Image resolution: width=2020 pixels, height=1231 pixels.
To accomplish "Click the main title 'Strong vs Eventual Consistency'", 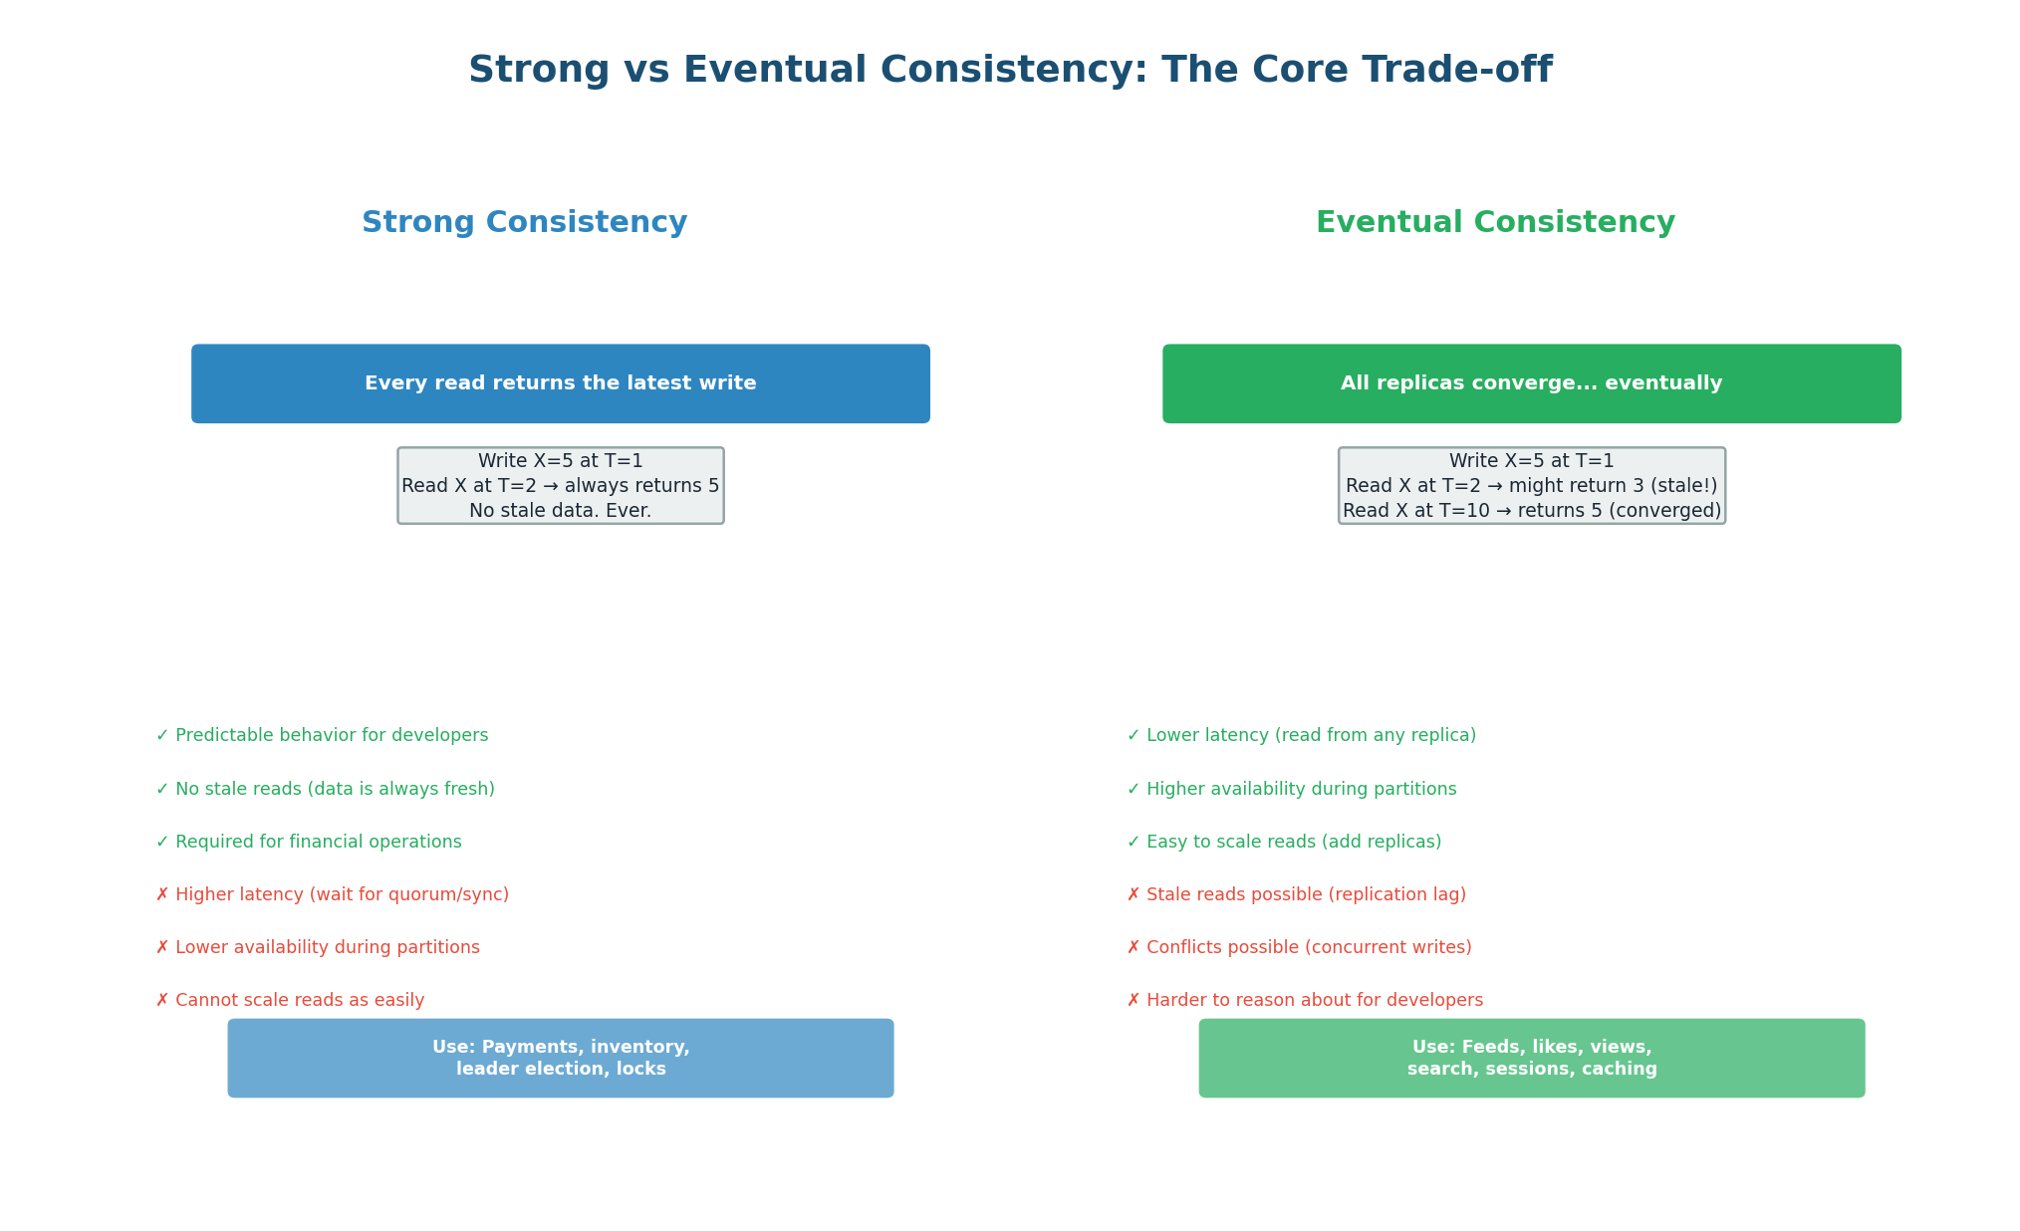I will coord(1009,71).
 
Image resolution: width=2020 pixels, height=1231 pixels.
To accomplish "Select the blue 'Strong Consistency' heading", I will coord(524,223).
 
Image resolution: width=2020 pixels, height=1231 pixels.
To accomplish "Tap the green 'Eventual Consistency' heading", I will coord(1495,223).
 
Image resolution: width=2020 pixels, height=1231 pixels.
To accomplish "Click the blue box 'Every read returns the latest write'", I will coord(560,383).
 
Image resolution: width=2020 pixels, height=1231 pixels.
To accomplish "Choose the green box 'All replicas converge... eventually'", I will coord(1531,383).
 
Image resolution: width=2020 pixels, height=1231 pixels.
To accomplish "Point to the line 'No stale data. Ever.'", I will coord(560,511).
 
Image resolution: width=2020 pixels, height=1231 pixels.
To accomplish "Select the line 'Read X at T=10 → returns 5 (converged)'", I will coord(1531,511).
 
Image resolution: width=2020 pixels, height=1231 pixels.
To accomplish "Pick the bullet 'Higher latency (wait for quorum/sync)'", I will coord(341,895).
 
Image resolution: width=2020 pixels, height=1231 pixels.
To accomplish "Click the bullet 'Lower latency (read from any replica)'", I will coord(1310,736).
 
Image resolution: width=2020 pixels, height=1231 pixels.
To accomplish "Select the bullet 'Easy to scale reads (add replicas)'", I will coord(1293,843).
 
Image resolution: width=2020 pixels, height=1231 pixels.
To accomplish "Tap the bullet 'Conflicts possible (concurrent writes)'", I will coord(1308,948).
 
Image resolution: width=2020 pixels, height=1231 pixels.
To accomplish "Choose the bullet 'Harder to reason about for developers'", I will coord(1314,1001).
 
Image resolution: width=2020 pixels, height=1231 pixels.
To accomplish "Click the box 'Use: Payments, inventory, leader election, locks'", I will coord(560,1058).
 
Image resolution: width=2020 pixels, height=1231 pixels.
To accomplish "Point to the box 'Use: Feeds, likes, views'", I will coord(1531,1058).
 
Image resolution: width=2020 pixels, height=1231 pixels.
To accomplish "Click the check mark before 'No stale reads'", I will coord(162,790).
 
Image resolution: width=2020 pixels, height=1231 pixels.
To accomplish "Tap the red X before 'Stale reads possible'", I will coord(1134,895).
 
